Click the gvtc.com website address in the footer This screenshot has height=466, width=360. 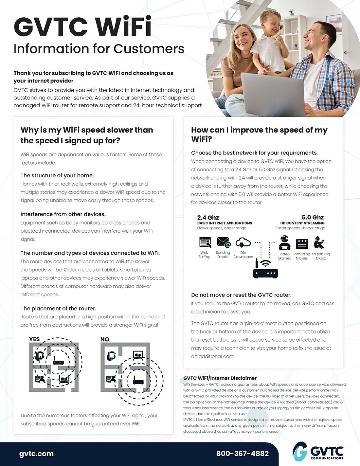36,454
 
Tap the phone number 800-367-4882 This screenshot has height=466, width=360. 242,454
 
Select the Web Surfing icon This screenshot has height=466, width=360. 205,242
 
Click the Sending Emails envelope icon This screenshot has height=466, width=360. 224,242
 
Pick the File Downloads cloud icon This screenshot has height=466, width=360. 243,242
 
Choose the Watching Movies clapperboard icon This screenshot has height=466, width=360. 302,244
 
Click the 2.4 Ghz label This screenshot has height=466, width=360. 208,218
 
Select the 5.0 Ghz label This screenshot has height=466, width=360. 313,218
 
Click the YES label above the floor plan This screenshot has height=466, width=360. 34,339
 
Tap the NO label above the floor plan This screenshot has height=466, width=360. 105,339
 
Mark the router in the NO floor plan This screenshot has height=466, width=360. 138,381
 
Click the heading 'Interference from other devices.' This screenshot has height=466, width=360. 63,214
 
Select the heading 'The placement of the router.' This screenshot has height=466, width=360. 58,309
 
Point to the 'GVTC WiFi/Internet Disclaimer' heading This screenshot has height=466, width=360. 220,378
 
